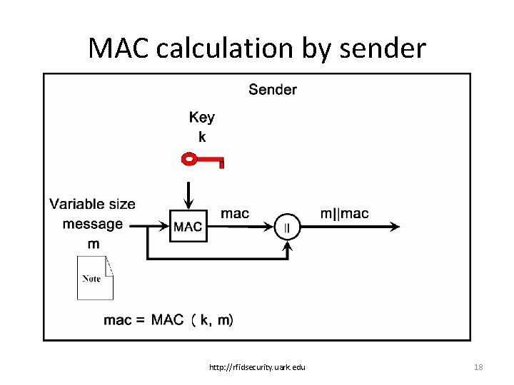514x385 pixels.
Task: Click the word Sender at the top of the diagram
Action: pyautogui.click(x=273, y=89)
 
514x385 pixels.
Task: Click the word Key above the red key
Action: pyautogui.click(x=201, y=118)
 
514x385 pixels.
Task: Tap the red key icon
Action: pyautogui.click(x=203, y=159)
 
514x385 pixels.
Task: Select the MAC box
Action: pyautogui.click(x=188, y=226)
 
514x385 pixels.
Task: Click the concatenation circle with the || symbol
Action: pyautogui.click(x=288, y=227)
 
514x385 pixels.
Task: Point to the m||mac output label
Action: pyautogui.click(x=344, y=213)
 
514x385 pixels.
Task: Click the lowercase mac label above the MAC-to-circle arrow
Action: pyautogui.click(x=235, y=213)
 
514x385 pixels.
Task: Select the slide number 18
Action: pyautogui.click(x=478, y=367)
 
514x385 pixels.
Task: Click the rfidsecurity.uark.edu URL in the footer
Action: pyautogui.click(x=257, y=367)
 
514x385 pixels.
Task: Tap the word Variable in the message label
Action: pyautogui.click(x=77, y=204)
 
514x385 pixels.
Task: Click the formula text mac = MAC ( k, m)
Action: pyautogui.click(x=168, y=320)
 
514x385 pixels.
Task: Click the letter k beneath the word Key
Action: pyautogui.click(x=202, y=137)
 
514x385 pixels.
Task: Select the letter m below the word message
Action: pyautogui.click(x=93, y=244)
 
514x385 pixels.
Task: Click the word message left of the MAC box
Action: pyautogui.click(x=93, y=224)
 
